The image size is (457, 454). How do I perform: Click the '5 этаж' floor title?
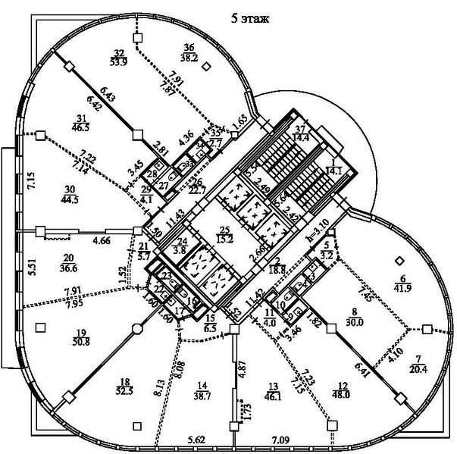coord(251,16)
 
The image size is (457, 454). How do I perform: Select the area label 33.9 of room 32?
coord(119,63)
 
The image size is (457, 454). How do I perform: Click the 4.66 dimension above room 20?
coord(102,240)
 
